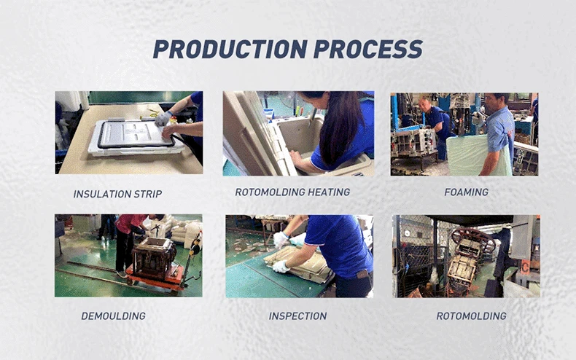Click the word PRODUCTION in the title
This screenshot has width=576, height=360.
pyautogui.click(x=230, y=50)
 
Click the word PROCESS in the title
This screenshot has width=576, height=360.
pyautogui.click(x=368, y=50)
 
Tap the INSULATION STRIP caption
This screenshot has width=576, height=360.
pyautogui.click(x=117, y=194)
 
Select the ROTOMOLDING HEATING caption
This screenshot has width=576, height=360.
pyautogui.click(x=292, y=192)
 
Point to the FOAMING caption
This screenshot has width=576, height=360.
pyautogui.click(x=466, y=192)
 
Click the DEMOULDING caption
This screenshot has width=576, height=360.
pyautogui.click(x=114, y=316)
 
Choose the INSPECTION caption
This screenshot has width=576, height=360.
pyautogui.click(x=297, y=316)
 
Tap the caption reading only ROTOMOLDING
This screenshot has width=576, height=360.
pyautogui.click(x=471, y=316)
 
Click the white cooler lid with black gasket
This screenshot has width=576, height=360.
pyautogui.click(x=134, y=137)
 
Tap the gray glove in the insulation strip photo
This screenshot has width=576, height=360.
pyautogui.click(x=163, y=118)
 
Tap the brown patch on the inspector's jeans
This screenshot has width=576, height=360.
pyautogui.click(x=363, y=274)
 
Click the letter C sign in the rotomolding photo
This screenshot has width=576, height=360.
pyautogui.click(x=525, y=266)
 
